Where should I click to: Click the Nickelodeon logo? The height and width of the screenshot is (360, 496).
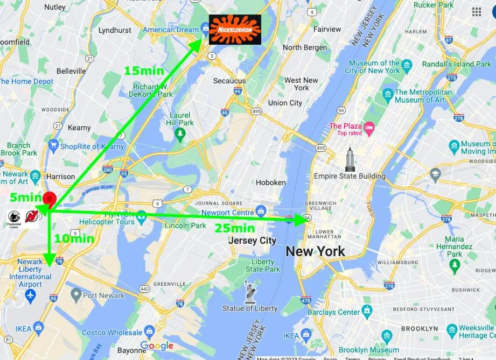[x=235, y=29]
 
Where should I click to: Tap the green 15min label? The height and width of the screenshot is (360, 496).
[x=144, y=70]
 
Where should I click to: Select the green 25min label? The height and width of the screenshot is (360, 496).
[x=234, y=228]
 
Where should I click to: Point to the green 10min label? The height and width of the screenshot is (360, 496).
[x=74, y=238]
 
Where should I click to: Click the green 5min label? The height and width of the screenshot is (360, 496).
[x=25, y=197]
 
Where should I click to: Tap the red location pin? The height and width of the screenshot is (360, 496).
[x=49, y=199]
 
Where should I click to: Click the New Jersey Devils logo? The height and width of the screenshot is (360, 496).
[x=32, y=217]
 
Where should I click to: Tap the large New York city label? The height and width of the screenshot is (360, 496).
[x=315, y=251]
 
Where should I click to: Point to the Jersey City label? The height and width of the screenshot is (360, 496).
[x=252, y=241]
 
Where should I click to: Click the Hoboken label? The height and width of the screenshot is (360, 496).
[x=271, y=182]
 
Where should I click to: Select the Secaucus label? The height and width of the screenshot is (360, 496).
[x=229, y=81]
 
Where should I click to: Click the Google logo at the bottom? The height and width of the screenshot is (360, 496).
[x=157, y=345]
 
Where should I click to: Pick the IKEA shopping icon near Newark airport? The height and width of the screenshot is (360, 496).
[x=38, y=327]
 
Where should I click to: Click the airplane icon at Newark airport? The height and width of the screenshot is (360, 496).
[x=30, y=295]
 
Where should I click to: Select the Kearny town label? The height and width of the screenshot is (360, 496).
[x=79, y=128]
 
